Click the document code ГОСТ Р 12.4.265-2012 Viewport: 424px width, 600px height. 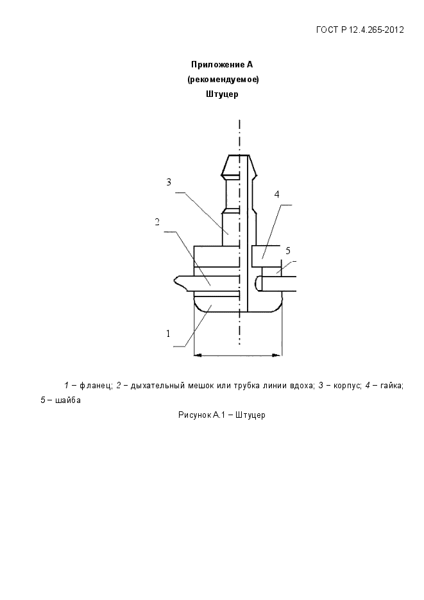(x=360, y=30)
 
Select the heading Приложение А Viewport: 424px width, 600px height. (x=222, y=65)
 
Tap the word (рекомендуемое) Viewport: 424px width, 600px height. (x=223, y=80)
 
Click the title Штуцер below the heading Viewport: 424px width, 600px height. (x=222, y=94)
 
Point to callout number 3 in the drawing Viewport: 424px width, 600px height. (x=169, y=182)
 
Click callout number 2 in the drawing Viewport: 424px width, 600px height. (x=157, y=222)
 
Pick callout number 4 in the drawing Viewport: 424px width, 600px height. (x=277, y=194)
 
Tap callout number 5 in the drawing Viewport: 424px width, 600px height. (x=288, y=251)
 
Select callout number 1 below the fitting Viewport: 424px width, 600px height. (x=168, y=334)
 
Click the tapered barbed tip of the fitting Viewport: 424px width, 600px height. (x=239, y=166)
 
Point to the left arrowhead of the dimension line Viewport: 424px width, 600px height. (x=198, y=356)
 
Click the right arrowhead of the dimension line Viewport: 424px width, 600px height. (x=278, y=356)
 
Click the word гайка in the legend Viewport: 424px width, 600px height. (x=391, y=386)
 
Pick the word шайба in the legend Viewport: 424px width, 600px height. (x=68, y=400)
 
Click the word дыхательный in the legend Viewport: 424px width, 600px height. (x=158, y=386)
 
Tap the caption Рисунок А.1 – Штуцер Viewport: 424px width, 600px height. (x=222, y=415)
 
